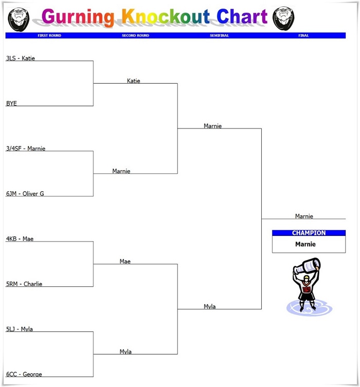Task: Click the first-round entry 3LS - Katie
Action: pyautogui.click(x=21, y=58)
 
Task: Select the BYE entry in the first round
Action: pyautogui.click(x=11, y=103)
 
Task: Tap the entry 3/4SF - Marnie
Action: pyautogui.click(x=26, y=149)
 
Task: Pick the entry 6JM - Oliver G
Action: pyautogui.click(x=25, y=194)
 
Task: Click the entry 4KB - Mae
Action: pyautogui.click(x=20, y=239)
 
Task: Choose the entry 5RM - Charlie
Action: pyautogui.click(x=24, y=284)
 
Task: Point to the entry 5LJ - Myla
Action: pyautogui.click(x=20, y=329)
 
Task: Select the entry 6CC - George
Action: pyautogui.click(x=24, y=374)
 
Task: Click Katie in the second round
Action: pyautogui.click(x=134, y=81)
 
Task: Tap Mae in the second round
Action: pyautogui.click(x=125, y=261)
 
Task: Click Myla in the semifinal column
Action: pyautogui.click(x=210, y=306)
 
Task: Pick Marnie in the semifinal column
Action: pyautogui.click(x=212, y=126)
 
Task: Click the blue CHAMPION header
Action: pyautogui.click(x=309, y=233)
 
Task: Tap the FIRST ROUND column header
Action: pyautogui.click(x=49, y=35)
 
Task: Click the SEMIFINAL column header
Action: pyautogui.click(x=220, y=35)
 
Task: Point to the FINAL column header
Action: pyautogui.click(x=304, y=35)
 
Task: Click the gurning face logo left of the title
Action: pyautogui.click(x=19, y=19)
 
